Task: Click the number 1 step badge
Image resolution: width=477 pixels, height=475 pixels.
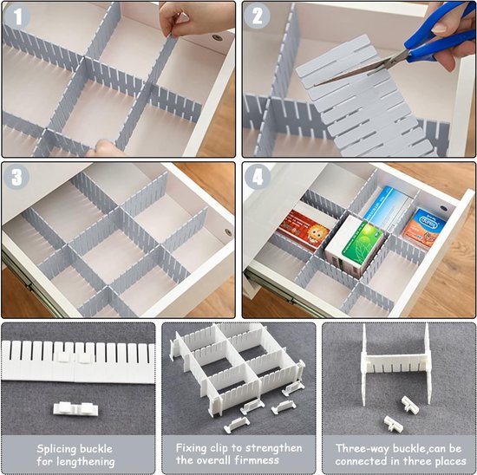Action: click(17, 16)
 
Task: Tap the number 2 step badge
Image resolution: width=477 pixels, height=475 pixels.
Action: click(258, 16)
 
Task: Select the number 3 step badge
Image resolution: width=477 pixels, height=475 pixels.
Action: click(16, 177)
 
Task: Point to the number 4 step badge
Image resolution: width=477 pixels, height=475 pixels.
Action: click(258, 177)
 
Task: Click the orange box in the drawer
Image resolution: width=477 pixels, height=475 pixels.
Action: click(424, 228)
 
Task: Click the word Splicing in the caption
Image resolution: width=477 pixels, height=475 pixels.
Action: click(57, 449)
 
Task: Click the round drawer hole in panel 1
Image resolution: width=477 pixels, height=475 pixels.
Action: click(217, 38)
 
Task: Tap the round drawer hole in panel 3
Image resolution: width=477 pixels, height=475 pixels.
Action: click(228, 232)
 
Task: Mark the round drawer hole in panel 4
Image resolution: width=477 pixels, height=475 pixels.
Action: click(443, 209)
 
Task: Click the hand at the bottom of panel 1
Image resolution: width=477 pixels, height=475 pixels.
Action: click(105, 148)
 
